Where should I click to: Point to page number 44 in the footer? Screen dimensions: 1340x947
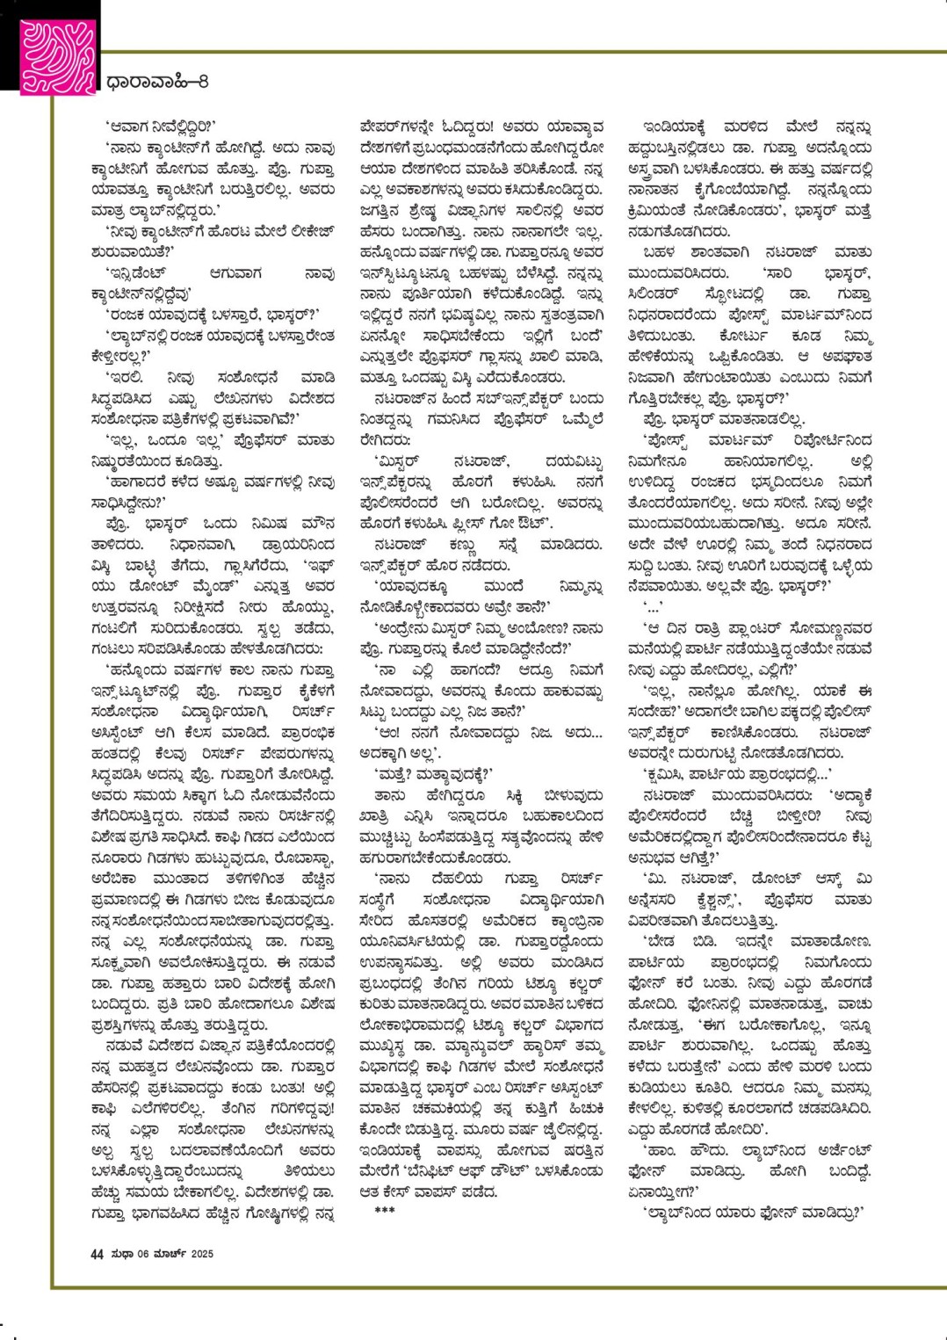tap(97, 1254)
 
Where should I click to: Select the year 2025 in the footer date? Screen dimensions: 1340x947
tap(202, 1254)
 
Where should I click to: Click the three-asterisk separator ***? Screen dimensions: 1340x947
tap(384, 1212)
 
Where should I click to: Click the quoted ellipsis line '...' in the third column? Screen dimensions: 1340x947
tap(652, 606)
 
